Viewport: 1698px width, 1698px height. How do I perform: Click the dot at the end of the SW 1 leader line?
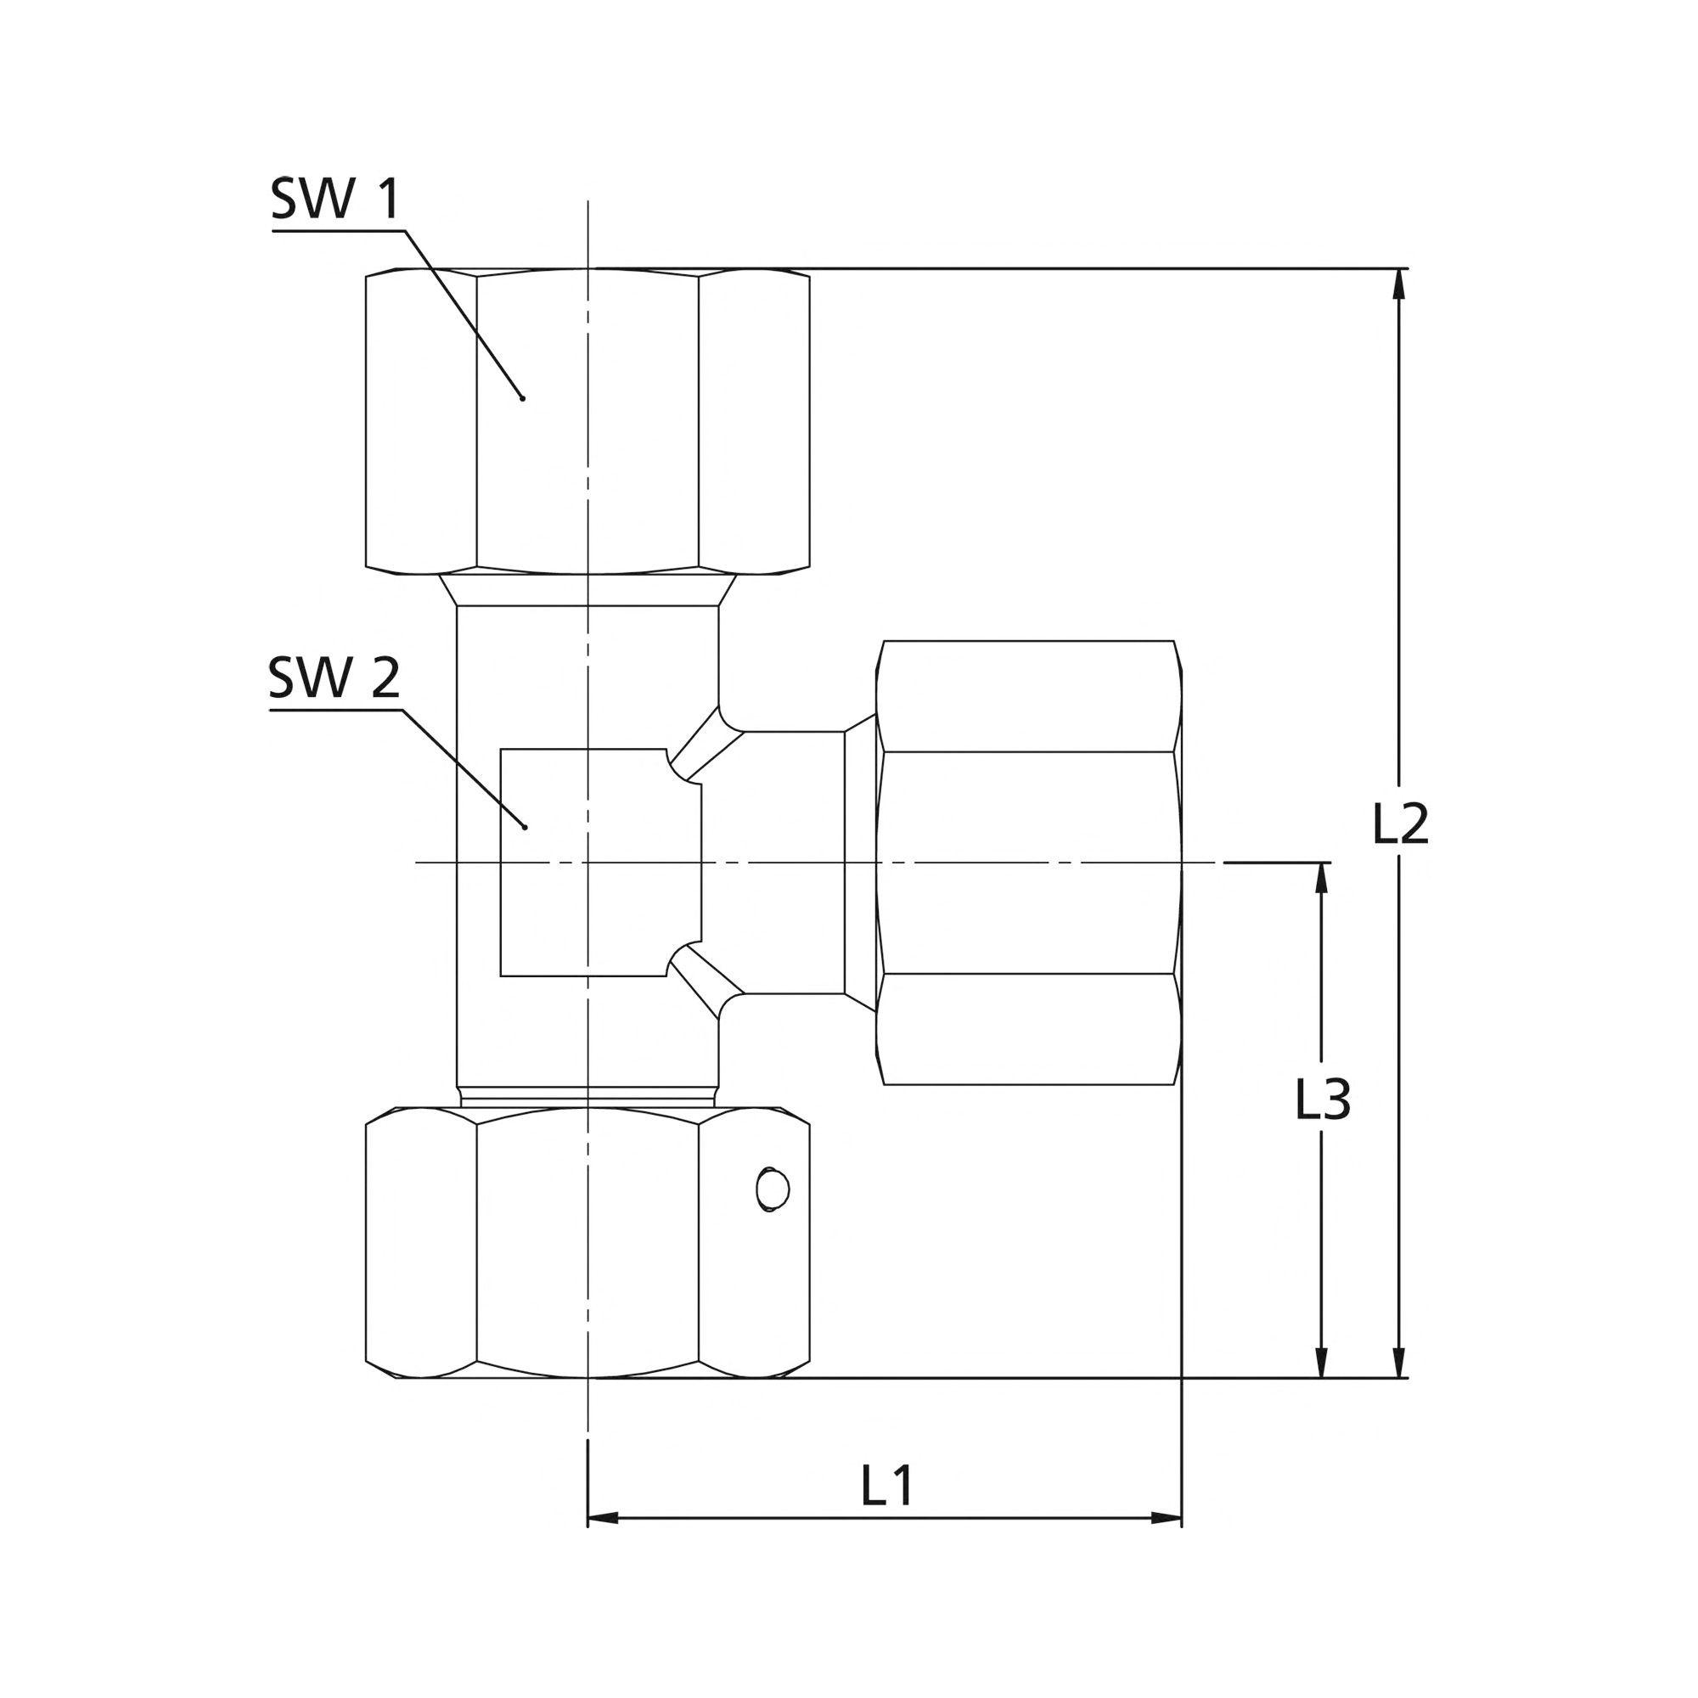[x=523, y=398]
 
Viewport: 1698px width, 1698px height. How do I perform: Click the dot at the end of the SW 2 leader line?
[x=525, y=827]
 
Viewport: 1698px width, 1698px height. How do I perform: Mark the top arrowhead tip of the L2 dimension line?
[x=1399, y=269]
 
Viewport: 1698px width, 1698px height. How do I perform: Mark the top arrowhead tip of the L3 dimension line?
[x=1321, y=863]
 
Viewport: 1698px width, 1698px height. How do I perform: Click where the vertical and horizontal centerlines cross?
[x=588, y=863]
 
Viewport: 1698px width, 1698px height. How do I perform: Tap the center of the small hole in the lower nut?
[x=773, y=1190]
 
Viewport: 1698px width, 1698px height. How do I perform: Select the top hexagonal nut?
[x=588, y=421]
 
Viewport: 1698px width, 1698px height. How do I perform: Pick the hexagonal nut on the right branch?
[x=1029, y=863]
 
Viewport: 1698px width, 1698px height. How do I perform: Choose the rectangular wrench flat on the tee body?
[x=601, y=863]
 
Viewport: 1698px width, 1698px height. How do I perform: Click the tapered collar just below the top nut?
[x=588, y=590]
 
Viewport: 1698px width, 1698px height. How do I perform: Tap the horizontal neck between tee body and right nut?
[x=795, y=863]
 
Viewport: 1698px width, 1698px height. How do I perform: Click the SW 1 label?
[x=335, y=199]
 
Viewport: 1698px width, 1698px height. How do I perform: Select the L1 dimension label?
[x=888, y=1485]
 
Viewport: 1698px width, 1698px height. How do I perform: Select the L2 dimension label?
[x=1401, y=824]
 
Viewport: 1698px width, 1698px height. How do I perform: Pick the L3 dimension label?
[x=1323, y=1099]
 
